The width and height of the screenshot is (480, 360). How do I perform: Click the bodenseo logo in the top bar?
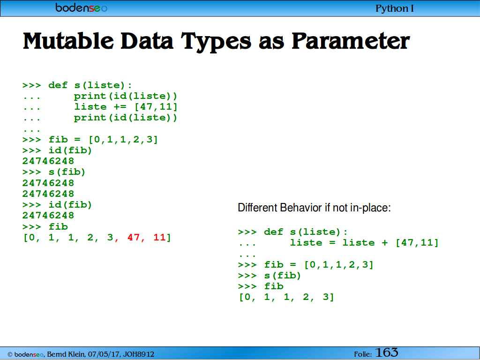(82, 7)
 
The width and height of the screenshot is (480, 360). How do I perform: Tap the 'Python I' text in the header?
(395, 8)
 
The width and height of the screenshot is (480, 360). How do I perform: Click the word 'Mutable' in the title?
(68, 41)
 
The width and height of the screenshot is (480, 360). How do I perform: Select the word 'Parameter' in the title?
(351, 41)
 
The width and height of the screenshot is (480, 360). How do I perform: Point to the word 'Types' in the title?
(216, 42)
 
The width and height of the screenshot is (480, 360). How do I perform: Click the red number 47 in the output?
(134, 237)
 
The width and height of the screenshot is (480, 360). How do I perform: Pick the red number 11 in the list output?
(159, 237)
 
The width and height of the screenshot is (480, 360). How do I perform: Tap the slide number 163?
(387, 352)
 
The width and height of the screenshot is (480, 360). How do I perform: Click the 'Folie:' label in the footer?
(363, 354)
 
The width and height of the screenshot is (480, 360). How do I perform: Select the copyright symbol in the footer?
(10, 354)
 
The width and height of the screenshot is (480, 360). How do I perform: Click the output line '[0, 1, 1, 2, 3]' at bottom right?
(286, 297)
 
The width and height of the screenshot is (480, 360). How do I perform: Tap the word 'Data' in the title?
(147, 41)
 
